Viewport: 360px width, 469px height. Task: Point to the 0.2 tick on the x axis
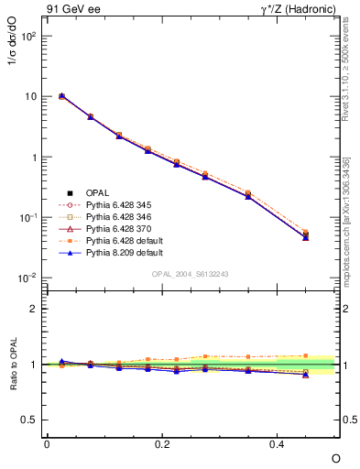[x=162, y=443]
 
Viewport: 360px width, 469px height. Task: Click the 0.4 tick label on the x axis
[x=278, y=443]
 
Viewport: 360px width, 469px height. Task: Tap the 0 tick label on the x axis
[x=47, y=443]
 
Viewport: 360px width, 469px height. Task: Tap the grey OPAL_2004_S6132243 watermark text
[x=191, y=274]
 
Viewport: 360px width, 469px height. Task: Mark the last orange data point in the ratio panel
[x=306, y=355]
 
